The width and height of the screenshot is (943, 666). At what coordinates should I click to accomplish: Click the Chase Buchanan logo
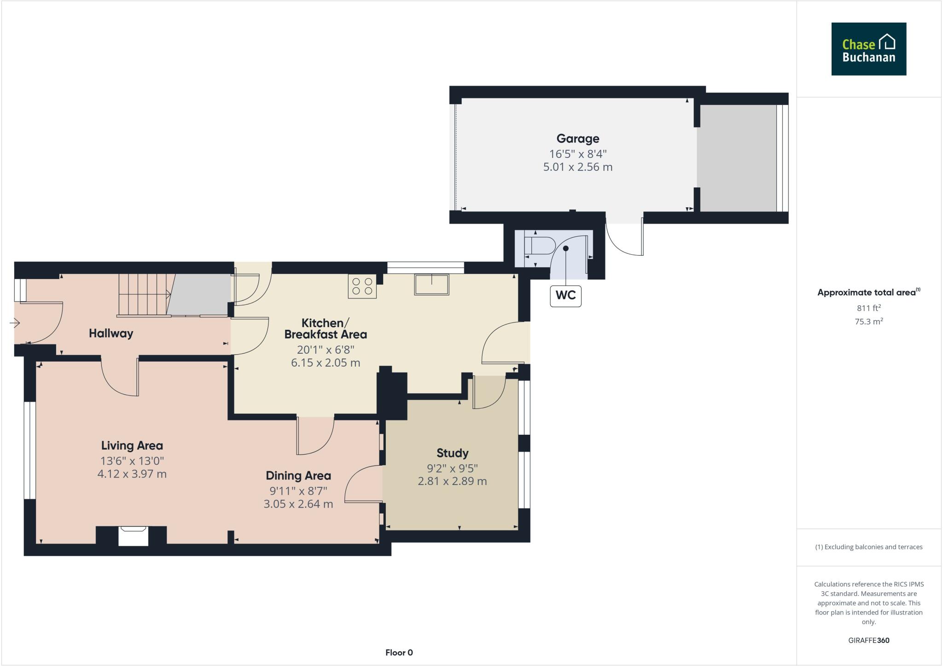coord(868,49)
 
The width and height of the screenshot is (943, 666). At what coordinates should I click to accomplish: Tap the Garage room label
coord(577,139)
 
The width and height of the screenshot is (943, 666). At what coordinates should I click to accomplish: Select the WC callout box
coord(565,296)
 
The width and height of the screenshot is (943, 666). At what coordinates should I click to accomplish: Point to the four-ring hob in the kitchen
coord(362,286)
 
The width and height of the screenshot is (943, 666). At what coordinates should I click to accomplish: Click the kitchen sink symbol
coord(431,284)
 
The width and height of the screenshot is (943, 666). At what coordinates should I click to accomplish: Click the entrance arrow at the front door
coord(15,323)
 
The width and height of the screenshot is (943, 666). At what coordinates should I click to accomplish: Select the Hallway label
coord(111,333)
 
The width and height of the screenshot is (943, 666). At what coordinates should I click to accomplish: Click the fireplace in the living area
coord(134,536)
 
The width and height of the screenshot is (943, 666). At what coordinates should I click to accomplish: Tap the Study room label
coord(452,453)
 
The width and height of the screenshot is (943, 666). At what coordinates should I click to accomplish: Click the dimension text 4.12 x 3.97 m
coord(132,474)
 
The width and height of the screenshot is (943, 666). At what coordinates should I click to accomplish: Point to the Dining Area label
coord(298,476)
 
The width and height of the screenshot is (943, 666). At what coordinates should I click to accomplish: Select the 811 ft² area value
coord(868,308)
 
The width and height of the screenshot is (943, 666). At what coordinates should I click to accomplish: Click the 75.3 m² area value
coord(868,321)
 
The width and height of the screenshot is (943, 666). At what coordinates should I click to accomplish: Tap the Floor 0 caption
coord(399,653)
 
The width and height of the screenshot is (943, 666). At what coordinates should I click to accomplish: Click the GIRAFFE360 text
coord(868,640)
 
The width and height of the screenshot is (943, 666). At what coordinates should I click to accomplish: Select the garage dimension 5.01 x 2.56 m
coord(577,167)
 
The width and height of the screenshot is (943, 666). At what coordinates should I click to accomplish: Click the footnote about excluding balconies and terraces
coord(868,547)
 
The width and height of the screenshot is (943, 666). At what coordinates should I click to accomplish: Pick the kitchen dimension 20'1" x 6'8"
coord(325,350)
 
